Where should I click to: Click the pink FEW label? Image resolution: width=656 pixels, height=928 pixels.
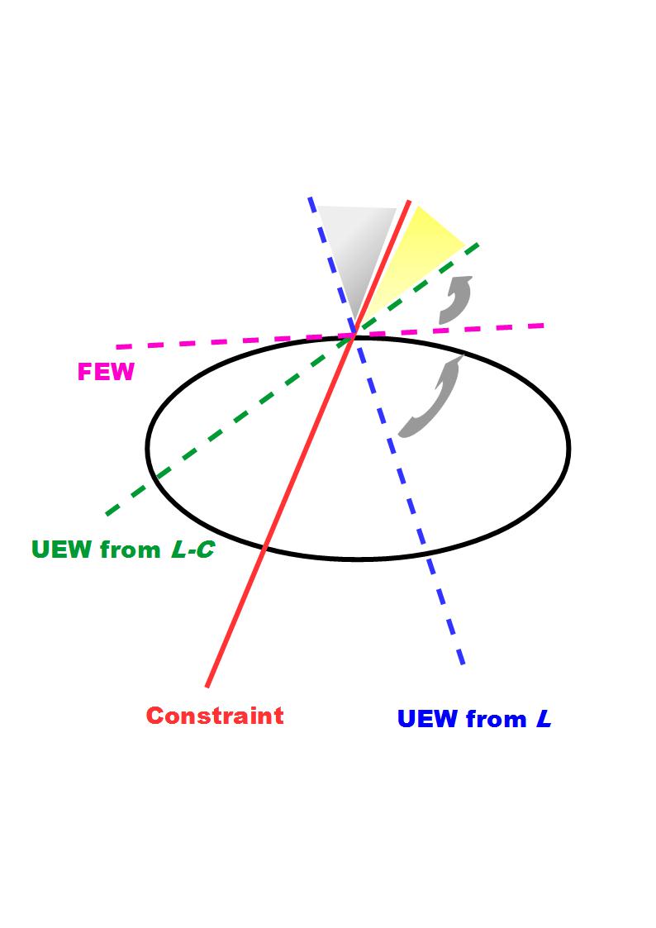click(105, 372)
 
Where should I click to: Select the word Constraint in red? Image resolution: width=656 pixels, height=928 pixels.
click(215, 715)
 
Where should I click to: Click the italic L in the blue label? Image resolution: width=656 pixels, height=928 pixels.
click(543, 719)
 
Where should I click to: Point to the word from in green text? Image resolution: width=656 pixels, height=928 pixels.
click(131, 549)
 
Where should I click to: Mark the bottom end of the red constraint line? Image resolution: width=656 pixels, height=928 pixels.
click(207, 685)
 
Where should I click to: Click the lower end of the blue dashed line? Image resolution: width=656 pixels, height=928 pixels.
click(463, 664)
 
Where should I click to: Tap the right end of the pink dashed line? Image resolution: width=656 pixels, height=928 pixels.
click(544, 326)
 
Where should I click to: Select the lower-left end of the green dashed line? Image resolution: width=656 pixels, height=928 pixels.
click(107, 514)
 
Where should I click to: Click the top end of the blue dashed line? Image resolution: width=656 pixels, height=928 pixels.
click(310, 198)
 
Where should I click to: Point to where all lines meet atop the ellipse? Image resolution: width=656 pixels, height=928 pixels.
click(356, 334)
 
